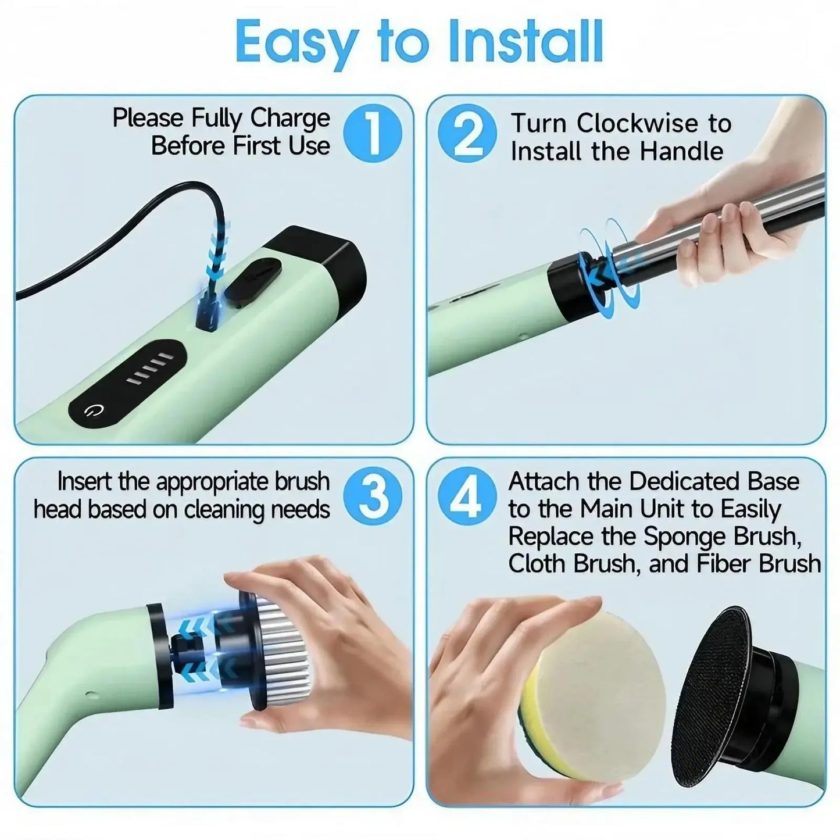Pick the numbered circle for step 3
click(x=372, y=496)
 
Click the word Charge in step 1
click(x=289, y=119)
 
